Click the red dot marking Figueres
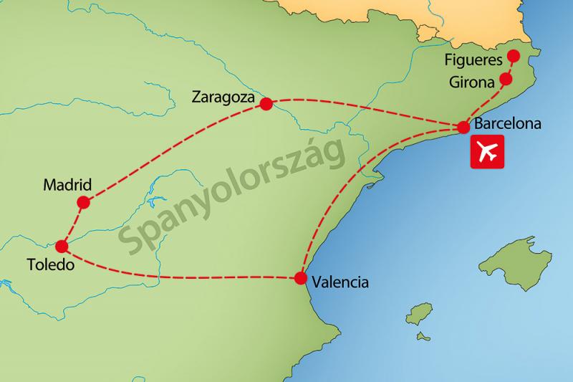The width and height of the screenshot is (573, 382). [x=513, y=57]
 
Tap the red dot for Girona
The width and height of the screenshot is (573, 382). [x=506, y=79]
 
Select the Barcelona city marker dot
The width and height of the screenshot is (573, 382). [x=463, y=128]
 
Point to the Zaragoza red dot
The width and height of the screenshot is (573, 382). [x=266, y=104]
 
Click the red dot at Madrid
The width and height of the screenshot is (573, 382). [x=83, y=203]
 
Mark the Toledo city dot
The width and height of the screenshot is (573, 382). [x=62, y=247]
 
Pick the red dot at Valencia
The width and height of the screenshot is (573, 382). [x=300, y=278]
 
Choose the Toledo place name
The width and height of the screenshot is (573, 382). [x=50, y=265]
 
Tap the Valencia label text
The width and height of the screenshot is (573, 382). [x=340, y=282]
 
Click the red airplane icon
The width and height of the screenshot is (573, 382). [x=487, y=153]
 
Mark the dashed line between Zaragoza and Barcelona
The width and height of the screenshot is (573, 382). [x=365, y=111]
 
